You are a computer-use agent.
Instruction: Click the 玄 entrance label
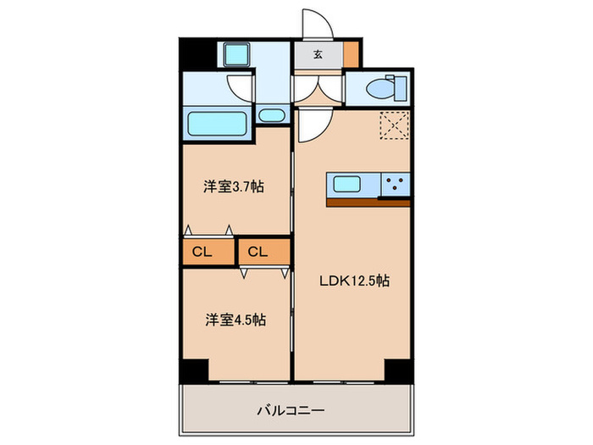pos(319,55)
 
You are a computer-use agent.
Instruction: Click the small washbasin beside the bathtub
pos(272,116)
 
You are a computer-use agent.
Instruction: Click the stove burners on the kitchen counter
pos(395,184)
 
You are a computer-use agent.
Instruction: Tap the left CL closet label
pos(202,251)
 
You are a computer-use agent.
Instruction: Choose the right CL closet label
pos(259,251)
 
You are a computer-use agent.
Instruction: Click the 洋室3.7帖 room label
pos(233,187)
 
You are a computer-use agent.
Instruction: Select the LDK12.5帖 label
pos(355,281)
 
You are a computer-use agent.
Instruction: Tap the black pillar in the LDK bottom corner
pos(396,370)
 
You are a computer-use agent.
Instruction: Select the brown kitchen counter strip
pos(368,202)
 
